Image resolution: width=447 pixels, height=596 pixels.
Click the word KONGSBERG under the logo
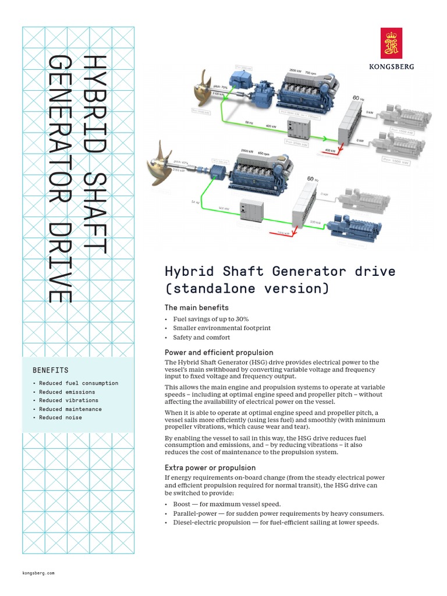tap(392, 67)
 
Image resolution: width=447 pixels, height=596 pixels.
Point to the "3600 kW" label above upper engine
tap(296, 70)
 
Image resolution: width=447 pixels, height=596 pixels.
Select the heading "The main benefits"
tap(197, 307)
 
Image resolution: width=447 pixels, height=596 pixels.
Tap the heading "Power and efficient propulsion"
tap(219, 353)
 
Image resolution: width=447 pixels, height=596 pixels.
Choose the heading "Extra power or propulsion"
tap(210, 467)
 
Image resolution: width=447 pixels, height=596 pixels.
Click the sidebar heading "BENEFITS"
tap(51, 370)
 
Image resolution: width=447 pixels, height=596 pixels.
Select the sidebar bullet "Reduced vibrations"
tap(69, 400)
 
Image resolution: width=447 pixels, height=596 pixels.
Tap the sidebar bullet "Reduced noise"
tap(61, 417)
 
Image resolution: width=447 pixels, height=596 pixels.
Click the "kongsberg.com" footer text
tap(38, 573)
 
